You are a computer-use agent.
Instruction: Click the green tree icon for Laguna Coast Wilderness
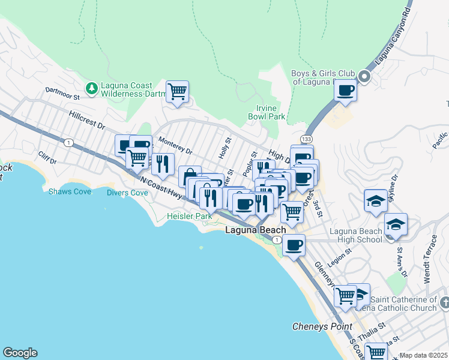[92, 89]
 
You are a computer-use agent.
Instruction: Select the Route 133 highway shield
[307, 139]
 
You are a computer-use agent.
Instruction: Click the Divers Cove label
[127, 193]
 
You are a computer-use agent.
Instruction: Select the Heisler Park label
[187, 215]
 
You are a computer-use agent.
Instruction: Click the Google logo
[20, 353]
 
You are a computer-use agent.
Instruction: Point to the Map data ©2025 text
[423, 355]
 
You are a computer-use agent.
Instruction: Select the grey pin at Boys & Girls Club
[364, 77]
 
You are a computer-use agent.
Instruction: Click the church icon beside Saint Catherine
[444, 301]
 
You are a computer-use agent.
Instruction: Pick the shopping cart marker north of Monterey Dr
[177, 92]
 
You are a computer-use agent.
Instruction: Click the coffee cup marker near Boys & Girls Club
[345, 91]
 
